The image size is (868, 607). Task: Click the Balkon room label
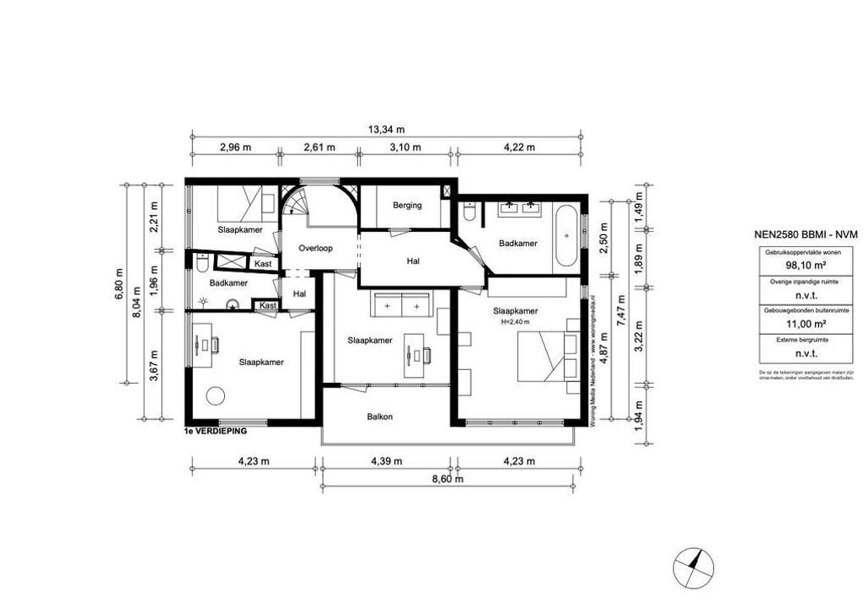pos(380,416)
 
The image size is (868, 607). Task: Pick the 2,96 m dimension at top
pos(235,147)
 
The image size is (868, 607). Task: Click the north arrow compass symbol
pos(695,566)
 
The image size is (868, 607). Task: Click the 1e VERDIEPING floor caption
pos(215,431)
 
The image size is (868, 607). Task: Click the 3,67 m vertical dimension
pos(153,366)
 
